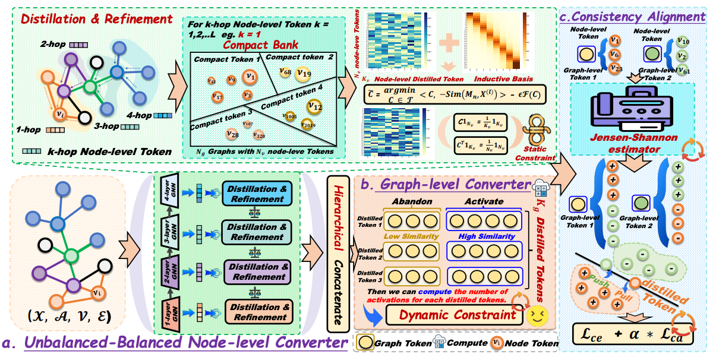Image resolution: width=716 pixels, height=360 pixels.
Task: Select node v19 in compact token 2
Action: (304, 74)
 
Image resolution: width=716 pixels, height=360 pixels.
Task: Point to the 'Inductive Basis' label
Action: (503, 77)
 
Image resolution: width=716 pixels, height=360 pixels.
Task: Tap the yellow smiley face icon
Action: (537, 315)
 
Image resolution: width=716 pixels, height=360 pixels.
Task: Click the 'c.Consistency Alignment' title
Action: (632, 17)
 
